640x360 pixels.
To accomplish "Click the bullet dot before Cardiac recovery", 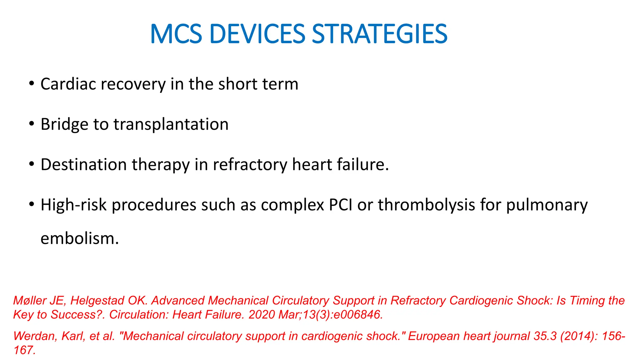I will [31, 83].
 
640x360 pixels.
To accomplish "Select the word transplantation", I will [171, 124].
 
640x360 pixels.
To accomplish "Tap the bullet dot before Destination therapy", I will [31, 164].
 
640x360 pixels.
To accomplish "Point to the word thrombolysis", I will [426, 205].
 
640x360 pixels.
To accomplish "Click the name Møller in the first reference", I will [31, 301].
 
